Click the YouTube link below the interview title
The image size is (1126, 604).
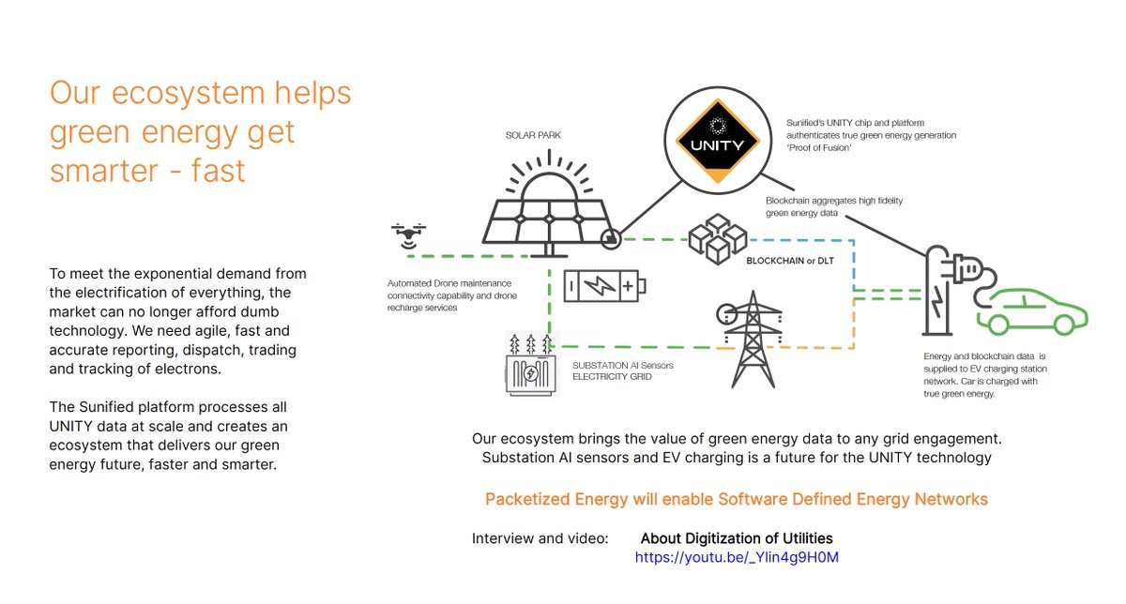(737, 557)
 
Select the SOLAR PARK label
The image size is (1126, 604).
(534, 135)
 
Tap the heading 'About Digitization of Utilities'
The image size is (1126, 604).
(737, 538)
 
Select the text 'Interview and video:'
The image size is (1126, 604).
(540, 538)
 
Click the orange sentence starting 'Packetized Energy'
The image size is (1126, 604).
(736, 499)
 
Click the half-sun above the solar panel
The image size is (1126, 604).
(547, 184)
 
